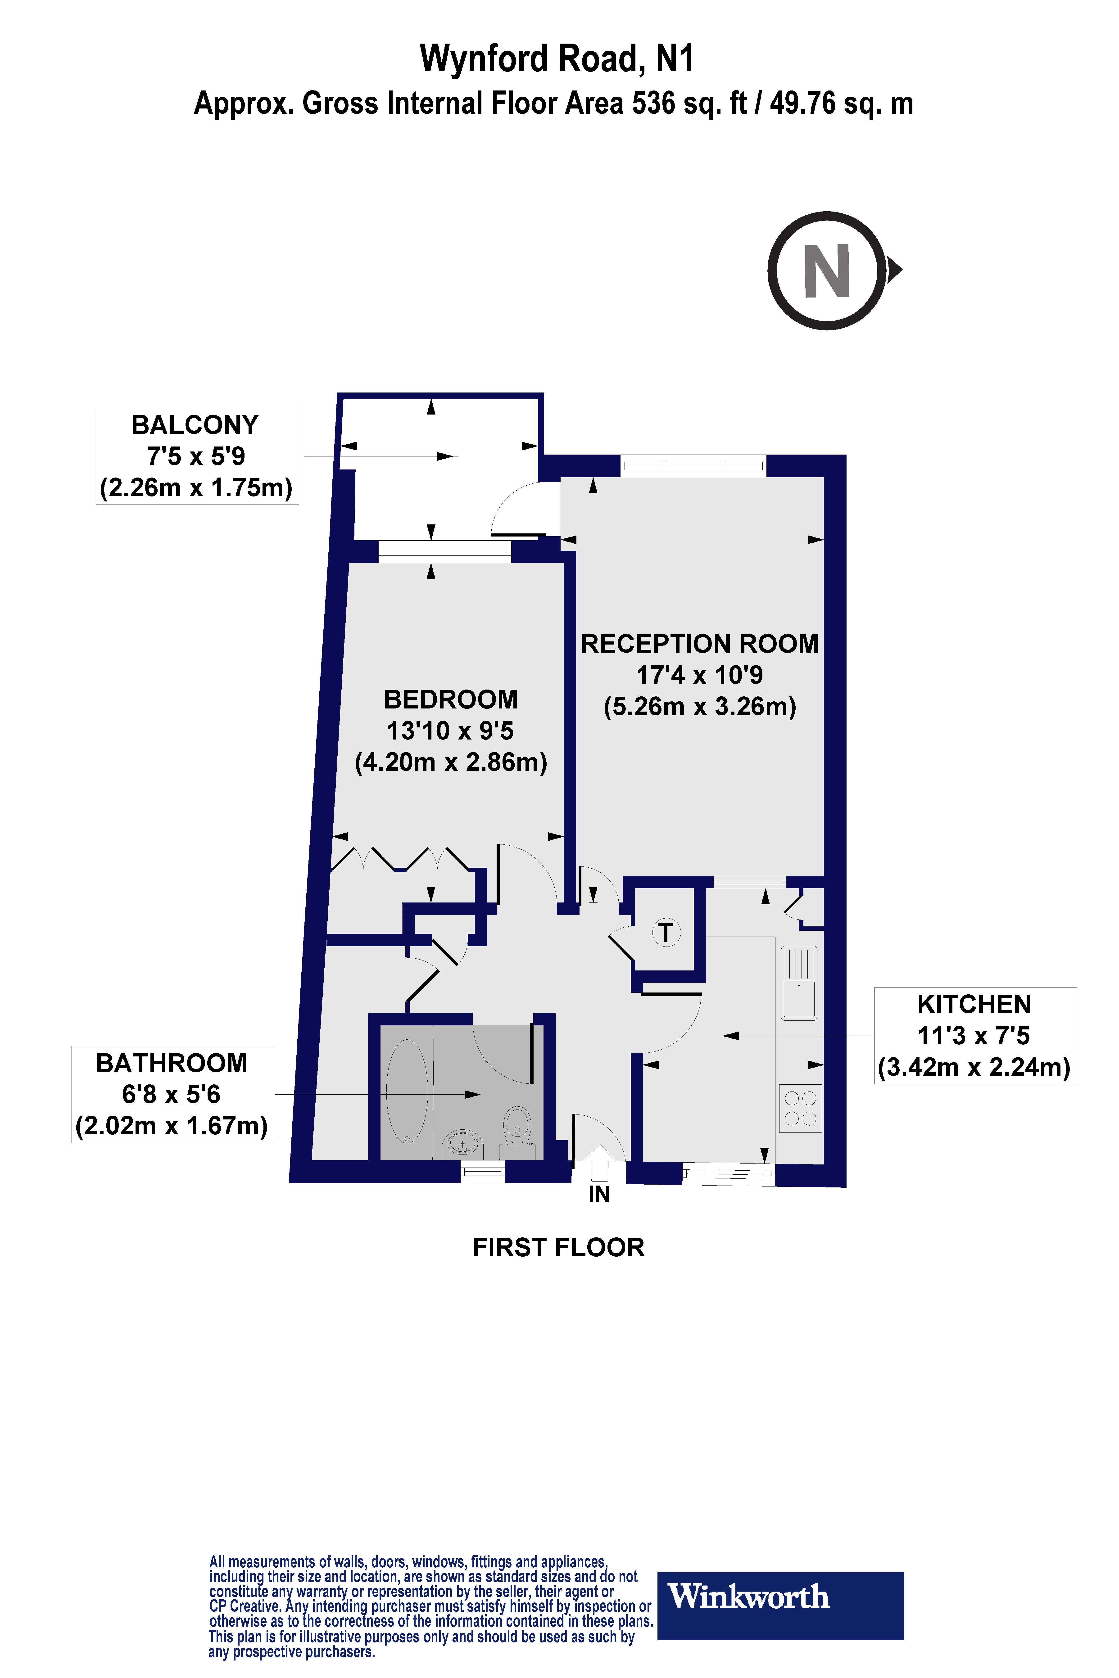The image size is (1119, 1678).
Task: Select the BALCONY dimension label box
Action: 197,457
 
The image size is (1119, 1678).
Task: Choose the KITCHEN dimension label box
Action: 975,1036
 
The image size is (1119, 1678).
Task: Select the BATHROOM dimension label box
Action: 172,1094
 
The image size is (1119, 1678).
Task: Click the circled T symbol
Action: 666,933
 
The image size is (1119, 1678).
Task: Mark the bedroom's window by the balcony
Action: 445,551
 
